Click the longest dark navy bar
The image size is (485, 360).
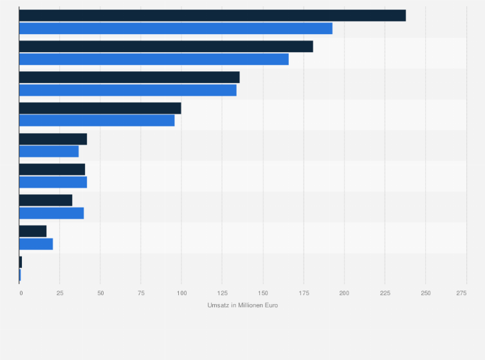coord(212,15)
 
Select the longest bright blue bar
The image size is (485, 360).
coord(176,28)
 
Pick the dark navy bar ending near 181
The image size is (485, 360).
coord(166,46)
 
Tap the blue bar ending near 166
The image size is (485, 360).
coord(154,59)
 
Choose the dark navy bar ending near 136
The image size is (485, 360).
coord(129,77)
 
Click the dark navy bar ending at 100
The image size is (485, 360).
coord(100,108)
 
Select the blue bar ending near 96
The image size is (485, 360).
coord(96,121)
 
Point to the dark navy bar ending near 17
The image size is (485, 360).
coord(33,231)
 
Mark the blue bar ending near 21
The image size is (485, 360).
coord(36,244)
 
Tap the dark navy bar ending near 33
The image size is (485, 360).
coord(46,200)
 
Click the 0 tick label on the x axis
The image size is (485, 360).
coord(21,293)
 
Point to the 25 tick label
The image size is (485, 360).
coord(60,293)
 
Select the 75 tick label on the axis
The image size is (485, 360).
coord(141,293)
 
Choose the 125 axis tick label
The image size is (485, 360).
coord(222,293)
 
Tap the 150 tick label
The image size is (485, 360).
coord(262,293)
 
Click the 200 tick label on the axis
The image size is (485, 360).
coord(344,293)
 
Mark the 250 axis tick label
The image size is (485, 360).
coord(425,293)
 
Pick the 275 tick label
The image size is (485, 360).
coord(462,293)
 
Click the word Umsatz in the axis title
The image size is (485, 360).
coord(217,305)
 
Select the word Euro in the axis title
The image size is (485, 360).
coord(271,305)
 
